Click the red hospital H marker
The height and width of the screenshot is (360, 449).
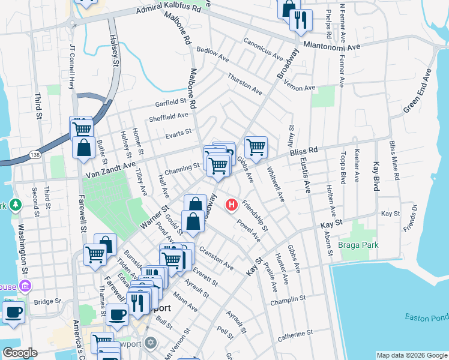pyautogui.click(x=232, y=206)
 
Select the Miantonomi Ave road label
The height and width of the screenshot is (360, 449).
pyautogui.click(x=332, y=46)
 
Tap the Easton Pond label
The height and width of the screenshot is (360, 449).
pyautogui.click(x=427, y=316)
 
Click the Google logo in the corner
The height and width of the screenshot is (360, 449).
pyautogui.click(x=19, y=352)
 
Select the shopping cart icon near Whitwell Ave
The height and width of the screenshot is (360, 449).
pyautogui.click(x=256, y=147)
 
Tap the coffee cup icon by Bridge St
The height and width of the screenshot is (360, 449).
pyautogui.click(x=13, y=311)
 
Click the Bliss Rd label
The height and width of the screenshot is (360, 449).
pyautogui.click(x=303, y=154)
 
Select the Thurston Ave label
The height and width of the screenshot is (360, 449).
pyautogui.click(x=245, y=85)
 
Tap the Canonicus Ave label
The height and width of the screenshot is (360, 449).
pyautogui.click(x=263, y=50)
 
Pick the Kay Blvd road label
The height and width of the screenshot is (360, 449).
pyautogui.click(x=377, y=176)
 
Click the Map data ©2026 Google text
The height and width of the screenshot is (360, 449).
pyautogui.click(x=411, y=355)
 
